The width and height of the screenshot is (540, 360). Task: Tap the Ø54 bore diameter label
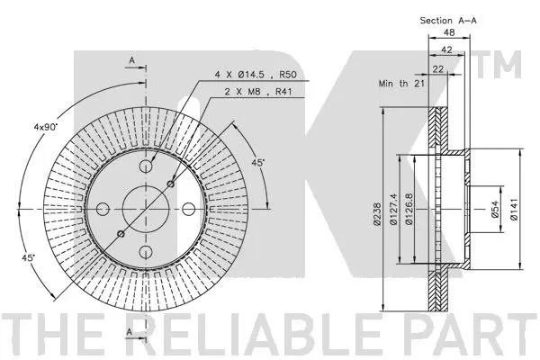click(494, 209)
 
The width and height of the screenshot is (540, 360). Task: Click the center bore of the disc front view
click(145, 209)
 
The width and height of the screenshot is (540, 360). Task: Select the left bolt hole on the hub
click(102, 209)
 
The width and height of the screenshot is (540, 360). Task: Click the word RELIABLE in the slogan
click(267, 335)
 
